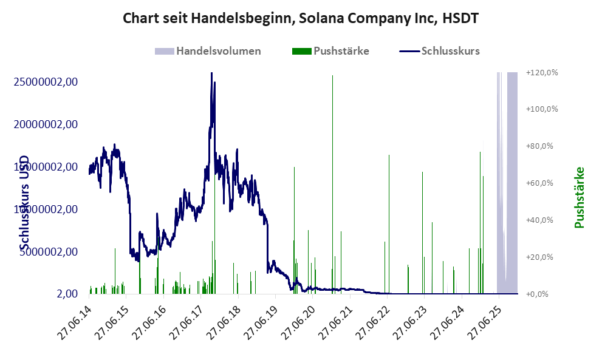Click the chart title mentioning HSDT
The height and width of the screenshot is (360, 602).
click(301, 18)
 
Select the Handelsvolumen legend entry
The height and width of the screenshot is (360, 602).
click(219, 51)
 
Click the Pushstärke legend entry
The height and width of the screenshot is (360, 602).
click(341, 51)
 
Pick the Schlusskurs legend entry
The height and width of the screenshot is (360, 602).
click(450, 51)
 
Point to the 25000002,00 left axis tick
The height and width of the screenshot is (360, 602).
click(46, 82)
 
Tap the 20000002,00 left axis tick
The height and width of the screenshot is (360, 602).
click(46, 124)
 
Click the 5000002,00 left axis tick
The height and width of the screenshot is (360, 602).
click(50, 251)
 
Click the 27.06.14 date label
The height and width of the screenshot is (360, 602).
click(72, 319)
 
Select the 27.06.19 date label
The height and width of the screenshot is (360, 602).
click(259, 319)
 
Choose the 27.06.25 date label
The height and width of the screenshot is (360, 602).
click(483, 319)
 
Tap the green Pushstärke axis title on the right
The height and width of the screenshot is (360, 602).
click(579, 197)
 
